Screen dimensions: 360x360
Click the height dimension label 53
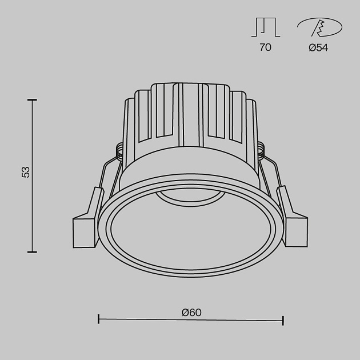[x=25, y=172]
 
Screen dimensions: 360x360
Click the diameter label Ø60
[x=191, y=313]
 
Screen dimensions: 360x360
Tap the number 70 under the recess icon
[x=265, y=48]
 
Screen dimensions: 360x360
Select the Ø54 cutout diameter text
[x=318, y=48]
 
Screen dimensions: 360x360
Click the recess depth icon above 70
[x=265, y=27]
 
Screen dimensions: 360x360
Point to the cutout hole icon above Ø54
[x=318, y=27]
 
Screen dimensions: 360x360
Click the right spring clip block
[x=294, y=225]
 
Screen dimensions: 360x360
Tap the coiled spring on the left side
[x=120, y=150]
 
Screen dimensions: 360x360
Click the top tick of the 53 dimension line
[x=33, y=100]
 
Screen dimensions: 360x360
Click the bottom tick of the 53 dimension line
[x=33, y=251]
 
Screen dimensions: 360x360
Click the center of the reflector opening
[x=191, y=231]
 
